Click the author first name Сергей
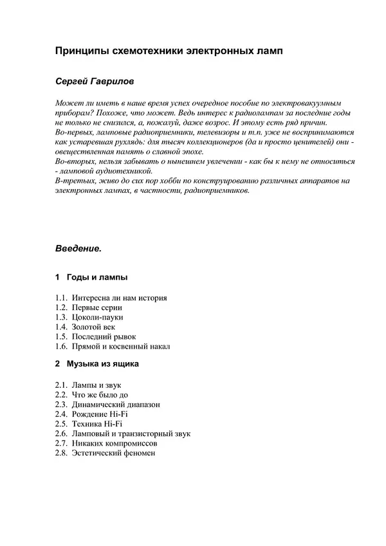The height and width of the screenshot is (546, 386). [73, 82]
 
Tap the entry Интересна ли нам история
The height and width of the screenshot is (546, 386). [120, 298]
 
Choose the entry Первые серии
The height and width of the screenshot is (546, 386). [96, 308]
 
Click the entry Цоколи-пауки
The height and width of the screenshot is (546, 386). [98, 318]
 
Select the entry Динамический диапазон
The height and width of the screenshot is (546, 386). [116, 405]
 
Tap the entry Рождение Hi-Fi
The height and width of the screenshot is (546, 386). [100, 414]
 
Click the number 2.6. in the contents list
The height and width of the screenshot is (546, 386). [62, 433]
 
